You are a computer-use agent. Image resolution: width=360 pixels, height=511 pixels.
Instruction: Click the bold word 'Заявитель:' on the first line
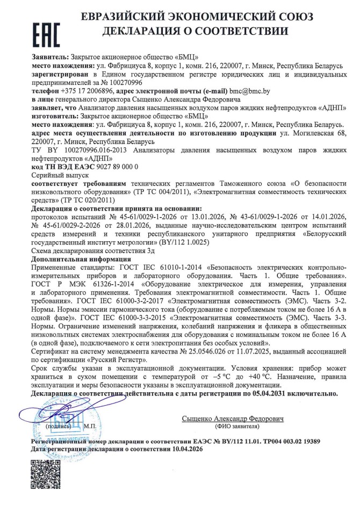click(51, 56)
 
